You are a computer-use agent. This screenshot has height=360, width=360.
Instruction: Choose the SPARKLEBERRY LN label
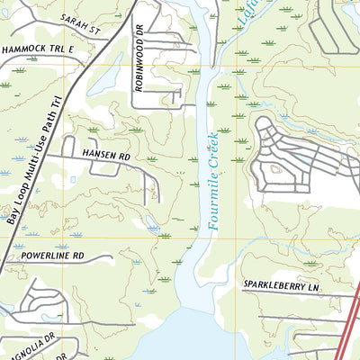click(281, 285)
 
